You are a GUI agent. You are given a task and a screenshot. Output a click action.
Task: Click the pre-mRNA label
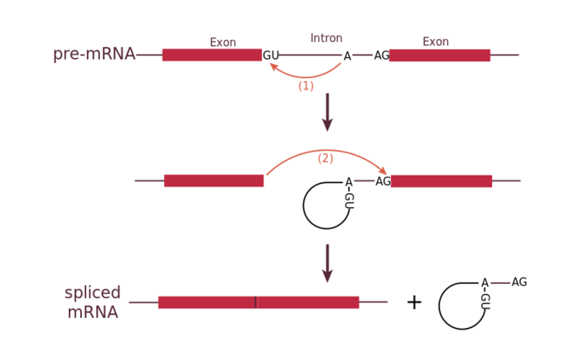click(95, 55)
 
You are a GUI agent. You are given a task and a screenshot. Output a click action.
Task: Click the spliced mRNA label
click(93, 302)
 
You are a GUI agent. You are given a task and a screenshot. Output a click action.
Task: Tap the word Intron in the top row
click(326, 38)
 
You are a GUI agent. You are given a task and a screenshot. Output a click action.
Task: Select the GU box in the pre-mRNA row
click(271, 55)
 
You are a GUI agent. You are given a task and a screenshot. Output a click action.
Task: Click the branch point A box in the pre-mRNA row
click(347, 56)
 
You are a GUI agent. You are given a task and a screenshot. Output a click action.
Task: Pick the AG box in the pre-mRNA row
click(381, 55)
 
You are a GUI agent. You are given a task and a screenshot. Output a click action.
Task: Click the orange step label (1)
click(306, 86)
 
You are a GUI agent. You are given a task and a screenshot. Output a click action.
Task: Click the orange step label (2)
click(325, 158)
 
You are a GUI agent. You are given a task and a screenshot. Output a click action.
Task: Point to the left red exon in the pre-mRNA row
click(212, 55)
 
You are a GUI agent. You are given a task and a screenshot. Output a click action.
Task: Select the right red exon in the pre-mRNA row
click(440, 55)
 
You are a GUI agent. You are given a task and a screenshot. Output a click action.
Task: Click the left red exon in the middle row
click(214, 181)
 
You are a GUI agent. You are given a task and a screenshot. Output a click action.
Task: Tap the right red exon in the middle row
click(442, 181)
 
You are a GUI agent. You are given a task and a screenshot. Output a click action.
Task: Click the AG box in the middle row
click(383, 181)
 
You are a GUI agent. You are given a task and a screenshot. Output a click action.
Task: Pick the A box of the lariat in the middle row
click(348, 181)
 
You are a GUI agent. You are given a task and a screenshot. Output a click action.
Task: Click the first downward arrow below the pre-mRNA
click(327, 112)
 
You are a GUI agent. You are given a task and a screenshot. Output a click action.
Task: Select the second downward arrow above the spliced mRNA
click(327, 263)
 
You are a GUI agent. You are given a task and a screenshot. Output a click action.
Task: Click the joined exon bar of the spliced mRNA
click(259, 302)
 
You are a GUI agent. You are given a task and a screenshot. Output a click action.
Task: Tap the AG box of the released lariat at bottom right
click(519, 282)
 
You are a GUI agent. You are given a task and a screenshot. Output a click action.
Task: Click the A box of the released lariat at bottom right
click(484, 283)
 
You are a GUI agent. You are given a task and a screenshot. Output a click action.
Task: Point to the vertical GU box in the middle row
click(348, 200)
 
